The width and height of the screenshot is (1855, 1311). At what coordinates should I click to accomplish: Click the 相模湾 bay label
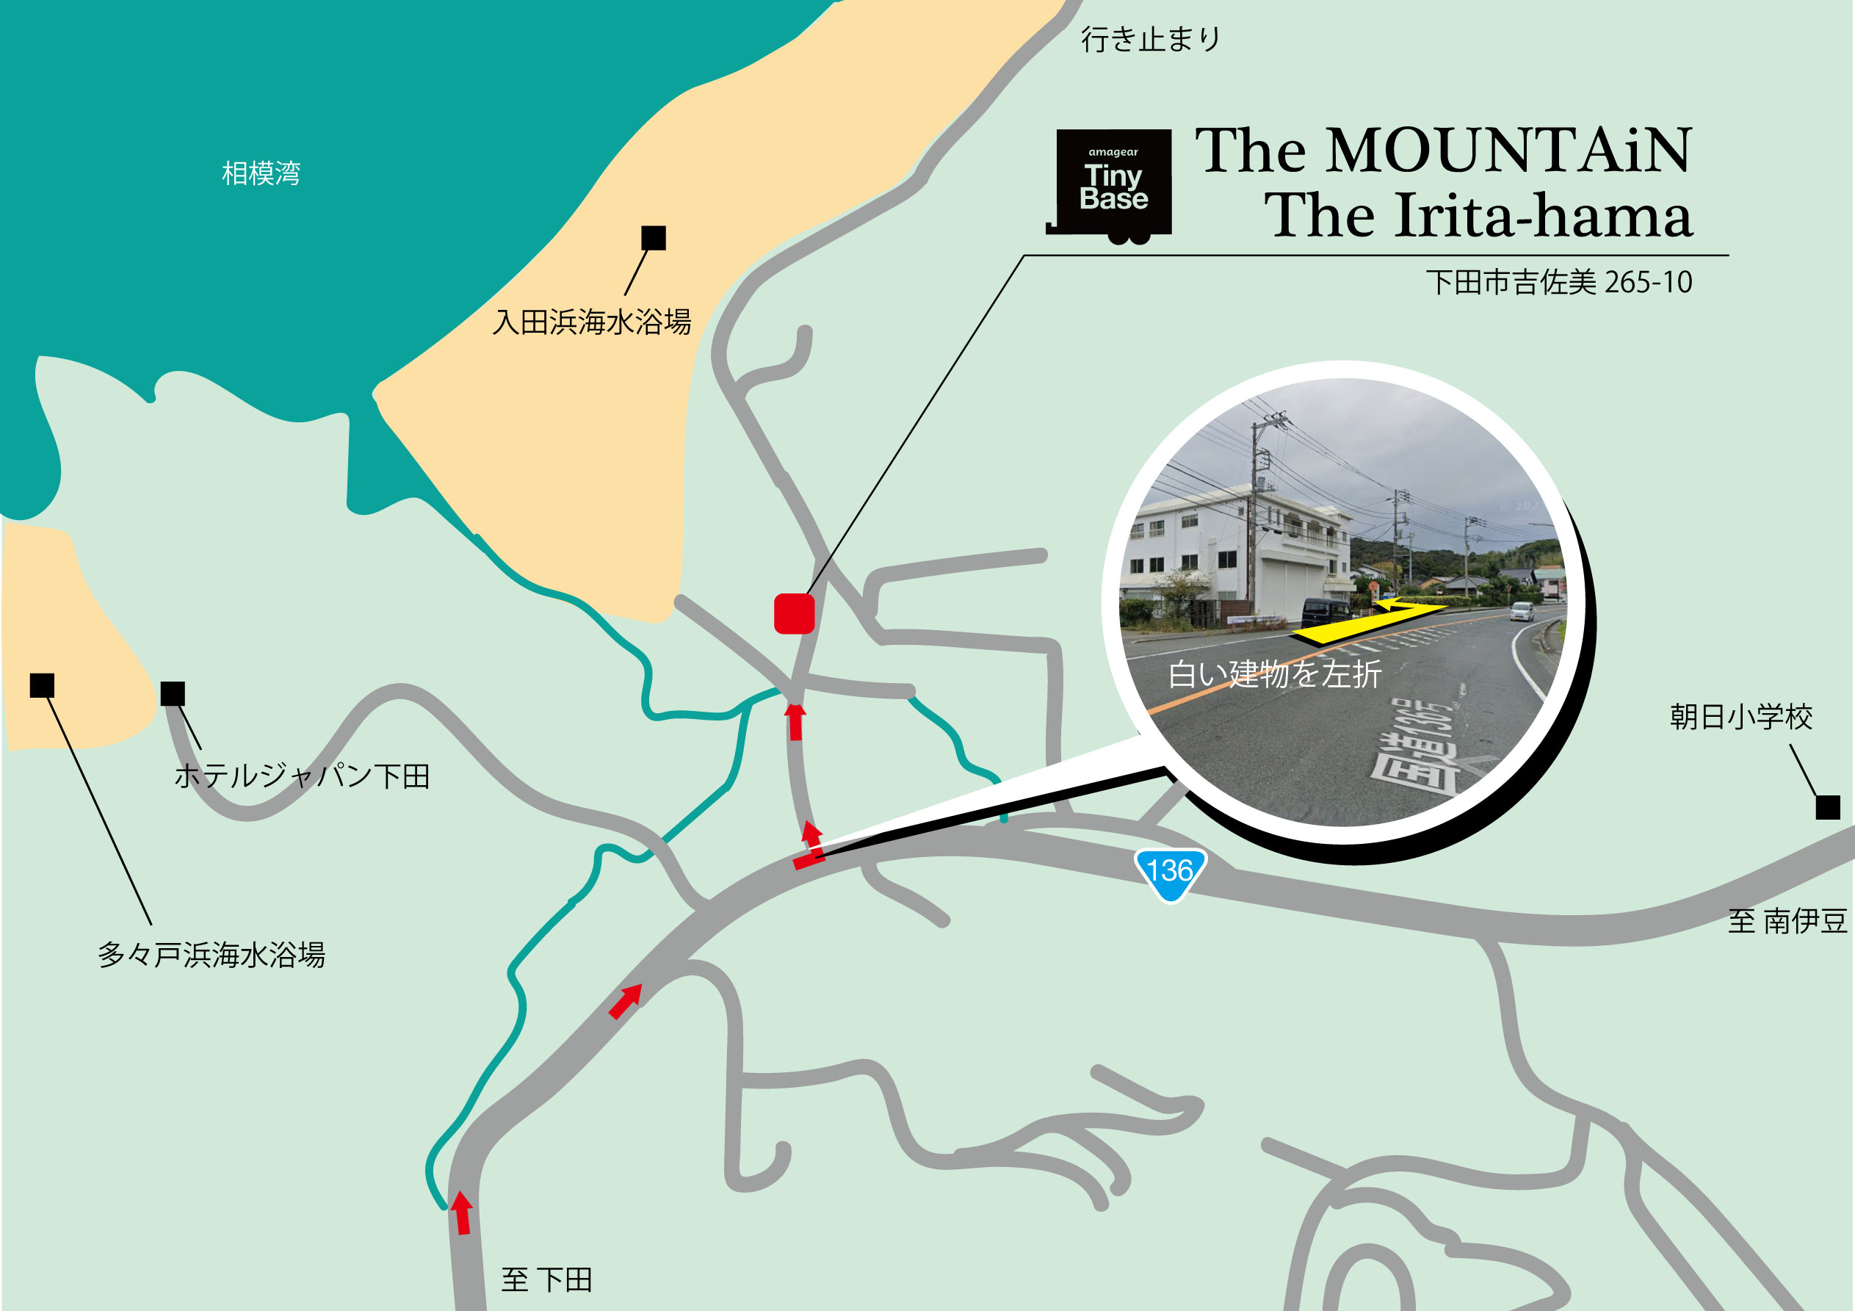click(261, 173)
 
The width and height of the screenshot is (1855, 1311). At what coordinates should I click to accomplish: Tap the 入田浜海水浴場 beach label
click(592, 322)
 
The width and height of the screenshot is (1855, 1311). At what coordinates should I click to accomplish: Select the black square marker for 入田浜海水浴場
click(653, 238)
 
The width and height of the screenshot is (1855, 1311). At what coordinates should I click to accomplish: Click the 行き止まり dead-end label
click(1151, 39)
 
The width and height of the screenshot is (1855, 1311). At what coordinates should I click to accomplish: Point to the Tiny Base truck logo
click(1113, 184)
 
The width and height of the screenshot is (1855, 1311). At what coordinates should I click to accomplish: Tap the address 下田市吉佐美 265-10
click(1558, 282)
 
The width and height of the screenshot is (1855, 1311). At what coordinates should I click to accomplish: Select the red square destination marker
click(793, 613)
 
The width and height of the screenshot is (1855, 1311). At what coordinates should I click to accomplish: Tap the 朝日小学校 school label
click(1741, 716)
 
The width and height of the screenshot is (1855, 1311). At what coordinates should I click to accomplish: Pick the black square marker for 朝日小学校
click(1828, 806)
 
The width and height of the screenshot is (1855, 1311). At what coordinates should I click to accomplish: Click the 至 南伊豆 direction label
click(1787, 920)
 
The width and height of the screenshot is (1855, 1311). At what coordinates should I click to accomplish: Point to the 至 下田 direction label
click(547, 1279)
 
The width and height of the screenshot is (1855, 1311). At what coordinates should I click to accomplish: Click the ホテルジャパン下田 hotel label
click(302, 776)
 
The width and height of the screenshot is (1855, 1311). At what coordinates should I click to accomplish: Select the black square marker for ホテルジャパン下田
click(173, 693)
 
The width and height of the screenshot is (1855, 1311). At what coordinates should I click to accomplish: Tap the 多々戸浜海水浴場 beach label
click(211, 955)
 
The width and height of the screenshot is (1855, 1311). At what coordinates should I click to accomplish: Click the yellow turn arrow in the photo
click(1365, 621)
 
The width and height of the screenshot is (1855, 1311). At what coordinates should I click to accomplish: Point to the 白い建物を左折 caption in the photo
click(1274, 673)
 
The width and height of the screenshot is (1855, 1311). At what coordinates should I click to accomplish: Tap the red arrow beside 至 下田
click(462, 1213)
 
